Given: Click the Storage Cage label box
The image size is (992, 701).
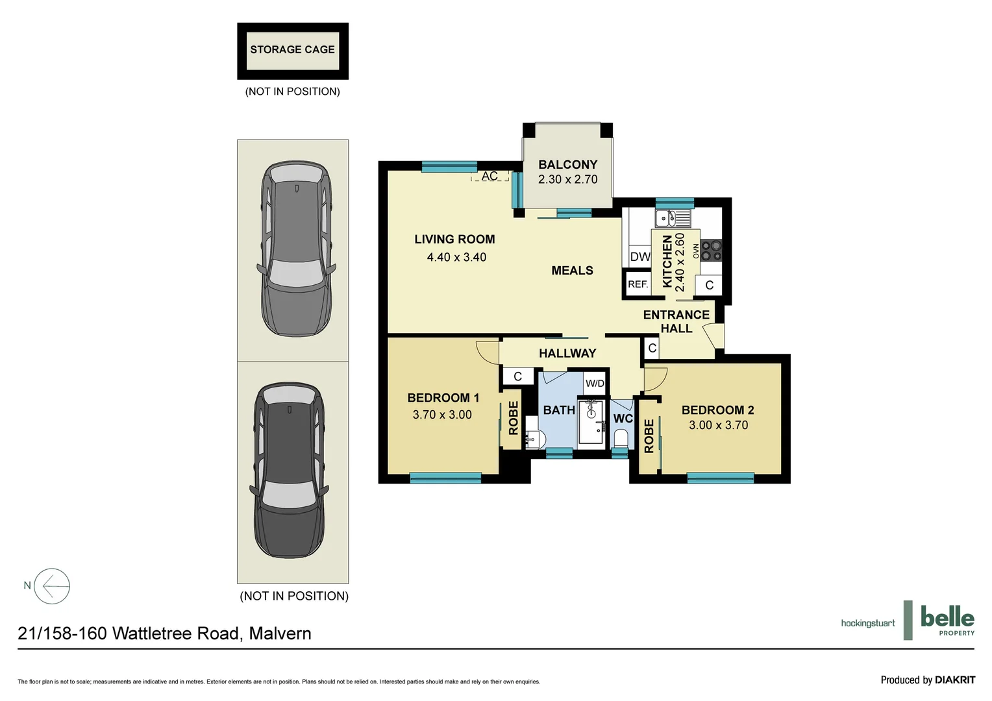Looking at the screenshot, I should [x=293, y=51].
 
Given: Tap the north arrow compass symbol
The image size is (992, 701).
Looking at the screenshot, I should [x=52, y=586].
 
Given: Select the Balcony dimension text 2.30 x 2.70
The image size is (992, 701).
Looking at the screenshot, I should [x=567, y=180].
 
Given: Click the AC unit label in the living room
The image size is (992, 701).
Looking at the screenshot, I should [x=490, y=177].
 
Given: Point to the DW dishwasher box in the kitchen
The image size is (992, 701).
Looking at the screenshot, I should [x=640, y=256].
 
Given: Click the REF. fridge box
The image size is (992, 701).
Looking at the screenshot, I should [x=638, y=284].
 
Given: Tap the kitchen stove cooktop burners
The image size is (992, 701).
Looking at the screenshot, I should [x=712, y=251].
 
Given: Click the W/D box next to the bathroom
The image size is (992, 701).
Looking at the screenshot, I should [x=595, y=383].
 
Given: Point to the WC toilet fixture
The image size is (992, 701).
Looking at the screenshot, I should [x=621, y=437].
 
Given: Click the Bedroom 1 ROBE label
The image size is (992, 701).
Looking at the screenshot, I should [x=513, y=417].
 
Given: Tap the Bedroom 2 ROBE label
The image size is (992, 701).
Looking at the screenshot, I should [x=649, y=436].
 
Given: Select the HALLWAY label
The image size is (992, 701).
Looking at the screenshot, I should [x=567, y=354].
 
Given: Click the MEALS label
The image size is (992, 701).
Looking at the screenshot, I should [x=572, y=271].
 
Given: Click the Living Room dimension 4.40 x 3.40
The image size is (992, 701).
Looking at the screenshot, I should [x=456, y=258].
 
